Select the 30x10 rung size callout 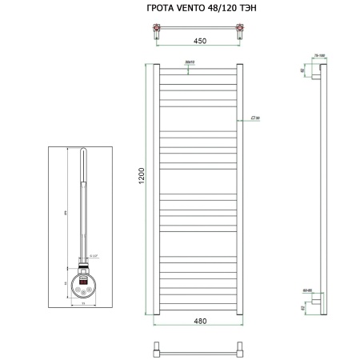point(190,62)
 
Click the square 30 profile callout point(255,118)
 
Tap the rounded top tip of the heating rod point(84,154)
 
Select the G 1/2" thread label point(94,255)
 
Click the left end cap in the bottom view point(158,350)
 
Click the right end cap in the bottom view point(239,350)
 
